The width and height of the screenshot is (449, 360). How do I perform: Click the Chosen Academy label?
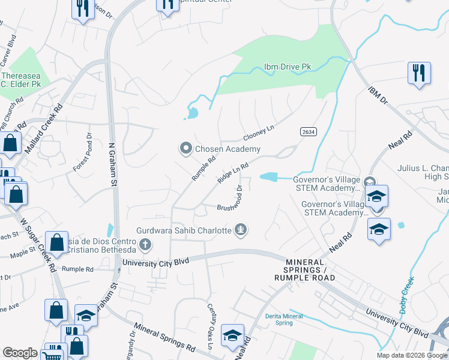[228, 149]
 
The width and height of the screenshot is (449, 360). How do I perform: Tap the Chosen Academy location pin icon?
[186, 148]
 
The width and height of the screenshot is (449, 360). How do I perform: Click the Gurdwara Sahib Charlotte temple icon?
[241, 229]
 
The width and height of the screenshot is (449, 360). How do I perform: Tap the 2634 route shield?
[307, 131]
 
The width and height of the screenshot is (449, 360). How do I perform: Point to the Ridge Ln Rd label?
[233, 175]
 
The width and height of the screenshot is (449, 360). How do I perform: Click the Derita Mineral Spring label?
[279, 319]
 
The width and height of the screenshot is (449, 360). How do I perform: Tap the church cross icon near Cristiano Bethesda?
[145, 244]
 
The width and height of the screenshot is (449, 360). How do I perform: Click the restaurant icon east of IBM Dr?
[419, 73]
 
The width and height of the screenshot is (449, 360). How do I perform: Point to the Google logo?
[20, 353]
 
